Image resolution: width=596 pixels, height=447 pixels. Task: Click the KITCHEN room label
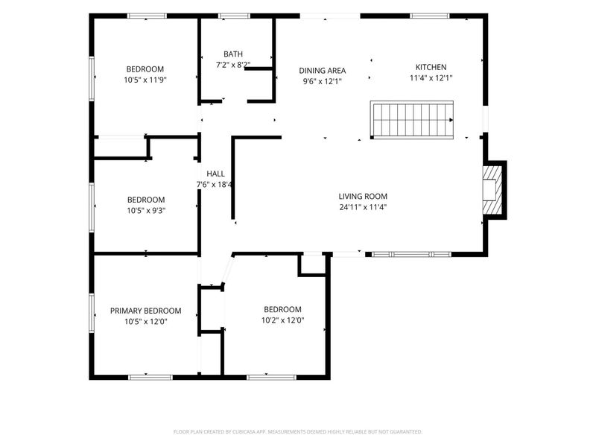click(x=431, y=67)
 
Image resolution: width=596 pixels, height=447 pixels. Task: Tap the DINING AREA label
click(x=323, y=71)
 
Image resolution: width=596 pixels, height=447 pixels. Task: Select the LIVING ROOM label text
click(x=363, y=197)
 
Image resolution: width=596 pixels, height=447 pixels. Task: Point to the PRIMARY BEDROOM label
click(x=145, y=311)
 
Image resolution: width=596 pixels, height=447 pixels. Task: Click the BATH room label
click(x=233, y=54)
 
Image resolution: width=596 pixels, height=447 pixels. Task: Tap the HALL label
click(x=215, y=174)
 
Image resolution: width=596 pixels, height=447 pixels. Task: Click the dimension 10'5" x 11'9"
click(x=145, y=80)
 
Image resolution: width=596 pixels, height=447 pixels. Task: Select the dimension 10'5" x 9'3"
click(x=146, y=211)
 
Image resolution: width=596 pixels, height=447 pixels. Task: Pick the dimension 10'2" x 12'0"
click(x=283, y=320)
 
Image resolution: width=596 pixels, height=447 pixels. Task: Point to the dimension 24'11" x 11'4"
click(x=363, y=207)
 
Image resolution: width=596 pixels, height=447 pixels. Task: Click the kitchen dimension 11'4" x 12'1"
click(x=431, y=78)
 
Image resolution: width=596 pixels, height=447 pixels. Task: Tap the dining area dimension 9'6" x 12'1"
click(x=323, y=81)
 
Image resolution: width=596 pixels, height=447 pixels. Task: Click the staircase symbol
click(x=412, y=120)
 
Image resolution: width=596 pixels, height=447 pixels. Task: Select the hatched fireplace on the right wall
click(x=492, y=189)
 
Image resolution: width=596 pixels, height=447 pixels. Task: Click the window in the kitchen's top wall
click(x=430, y=16)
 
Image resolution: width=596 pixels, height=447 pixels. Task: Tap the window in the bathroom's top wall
click(x=234, y=16)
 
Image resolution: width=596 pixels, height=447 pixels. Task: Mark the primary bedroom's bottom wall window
click(x=150, y=378)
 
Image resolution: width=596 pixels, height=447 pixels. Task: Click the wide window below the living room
click(x=411, y=254)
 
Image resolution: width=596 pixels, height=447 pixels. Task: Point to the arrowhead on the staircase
click(x=451, y=120)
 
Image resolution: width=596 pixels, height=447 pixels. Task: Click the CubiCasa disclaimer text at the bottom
click(x=298, y=432)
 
